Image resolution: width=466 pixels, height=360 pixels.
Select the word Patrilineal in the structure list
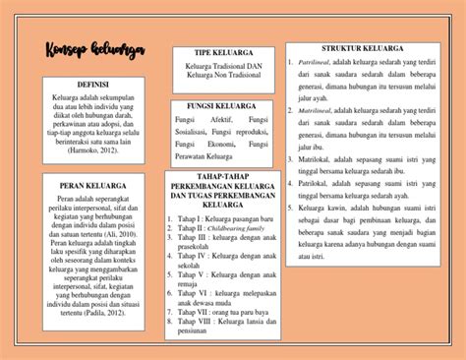[x=316, y=62]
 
